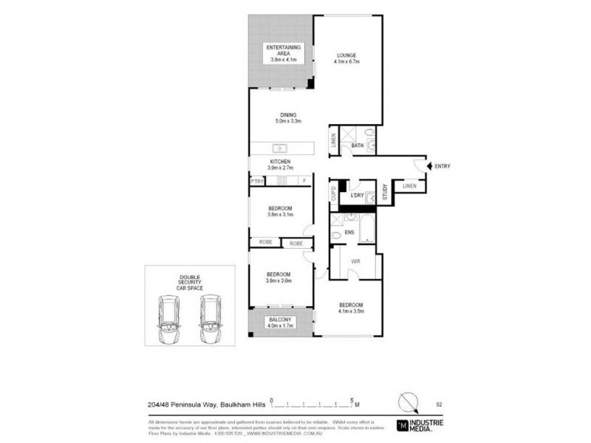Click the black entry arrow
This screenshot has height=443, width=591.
tap(430, 166)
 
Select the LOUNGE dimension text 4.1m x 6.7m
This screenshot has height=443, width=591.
tap(347, 62)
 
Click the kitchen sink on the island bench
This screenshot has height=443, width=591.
tap(280, 147)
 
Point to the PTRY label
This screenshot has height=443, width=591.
tap(256, 181)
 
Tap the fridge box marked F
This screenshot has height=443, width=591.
tap(304, 181)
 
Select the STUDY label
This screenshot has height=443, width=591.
tap(385, 192)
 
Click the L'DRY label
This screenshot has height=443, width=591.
tap(357, 195)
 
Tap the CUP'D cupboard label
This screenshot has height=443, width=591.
tap(334, 196)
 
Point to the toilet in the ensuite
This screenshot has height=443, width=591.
tap(336, 235)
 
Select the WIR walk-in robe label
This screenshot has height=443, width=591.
tap(355, 261)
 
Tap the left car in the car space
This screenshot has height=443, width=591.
tap(169, 318)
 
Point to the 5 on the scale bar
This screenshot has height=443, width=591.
tap(352, 399)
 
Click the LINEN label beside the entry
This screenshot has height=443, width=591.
tap(409, 186)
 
